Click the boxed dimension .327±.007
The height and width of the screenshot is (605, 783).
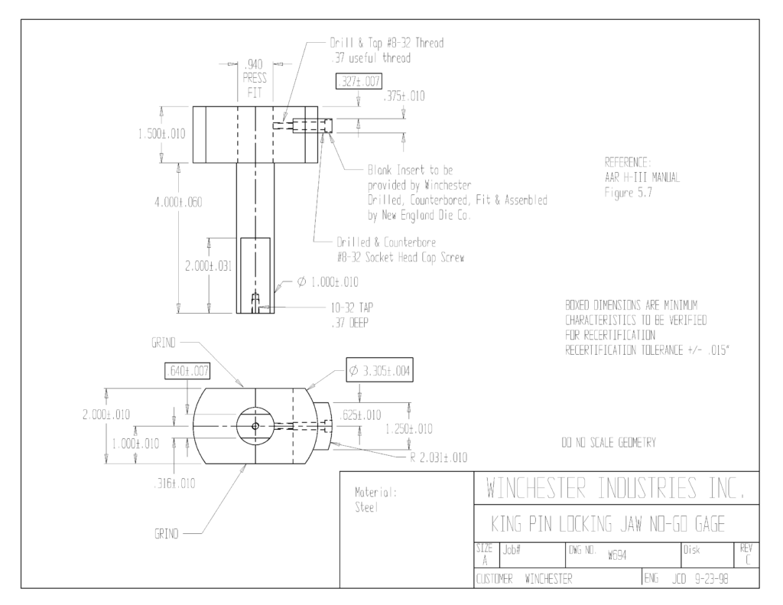[359, 81]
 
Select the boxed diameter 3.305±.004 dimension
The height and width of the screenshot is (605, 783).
[379, 370]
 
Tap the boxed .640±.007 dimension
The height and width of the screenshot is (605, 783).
[187, 371]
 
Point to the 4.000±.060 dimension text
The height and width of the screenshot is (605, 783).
[178, 203]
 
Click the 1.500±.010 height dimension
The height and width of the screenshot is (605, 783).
[162, 134]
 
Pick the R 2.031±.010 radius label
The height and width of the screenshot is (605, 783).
[439, 457]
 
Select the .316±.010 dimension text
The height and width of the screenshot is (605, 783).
[174, 483]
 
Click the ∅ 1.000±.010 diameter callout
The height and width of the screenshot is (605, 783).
[327, 282]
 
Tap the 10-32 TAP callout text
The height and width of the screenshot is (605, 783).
[352, 307]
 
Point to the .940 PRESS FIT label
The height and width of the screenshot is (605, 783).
[255, 79]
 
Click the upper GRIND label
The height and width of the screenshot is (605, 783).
[164, 343]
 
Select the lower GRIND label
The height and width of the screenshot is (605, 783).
[166, 534]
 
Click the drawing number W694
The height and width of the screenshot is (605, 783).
[617, 555]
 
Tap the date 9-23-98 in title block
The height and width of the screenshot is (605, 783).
[712, 579]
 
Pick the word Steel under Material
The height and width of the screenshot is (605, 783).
[366, 508]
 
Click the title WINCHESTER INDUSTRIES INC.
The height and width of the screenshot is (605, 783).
[616, 488]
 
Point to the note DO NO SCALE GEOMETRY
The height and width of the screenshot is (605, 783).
[609, 443]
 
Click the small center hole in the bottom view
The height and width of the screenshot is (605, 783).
[255, 426]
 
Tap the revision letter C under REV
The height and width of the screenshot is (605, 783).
[748, 561]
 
